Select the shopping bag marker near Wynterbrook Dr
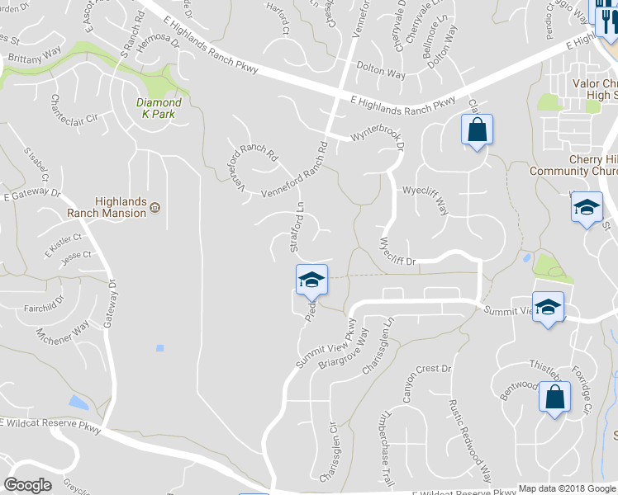[x=477, y=130]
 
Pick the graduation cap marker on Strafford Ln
[x=311, y=280]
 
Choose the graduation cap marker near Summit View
[x=548, y=309]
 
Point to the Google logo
[x=27, y=485]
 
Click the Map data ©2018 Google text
[x=566, y=488]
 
